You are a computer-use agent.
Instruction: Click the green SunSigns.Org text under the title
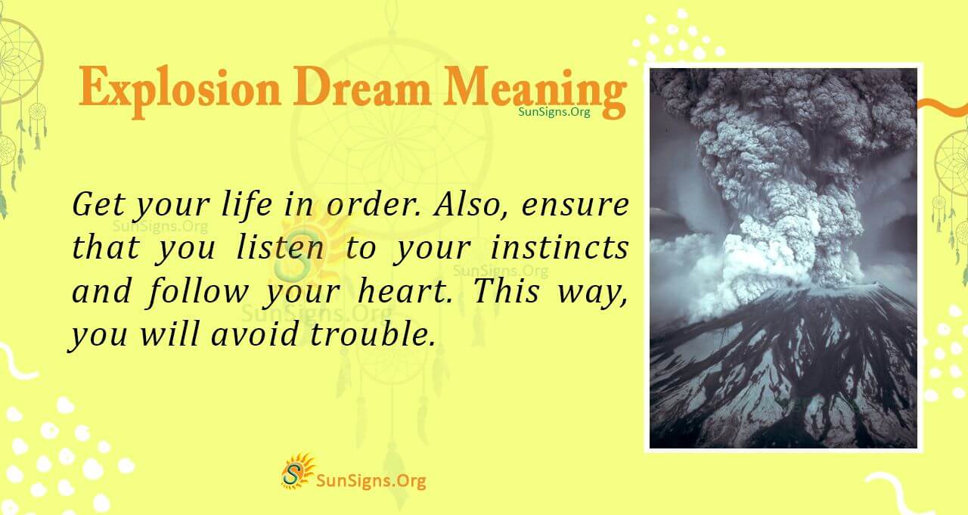coord(554,111)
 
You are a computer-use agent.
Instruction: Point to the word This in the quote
coord(504,292)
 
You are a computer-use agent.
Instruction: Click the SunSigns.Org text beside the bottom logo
coord(371,479)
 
